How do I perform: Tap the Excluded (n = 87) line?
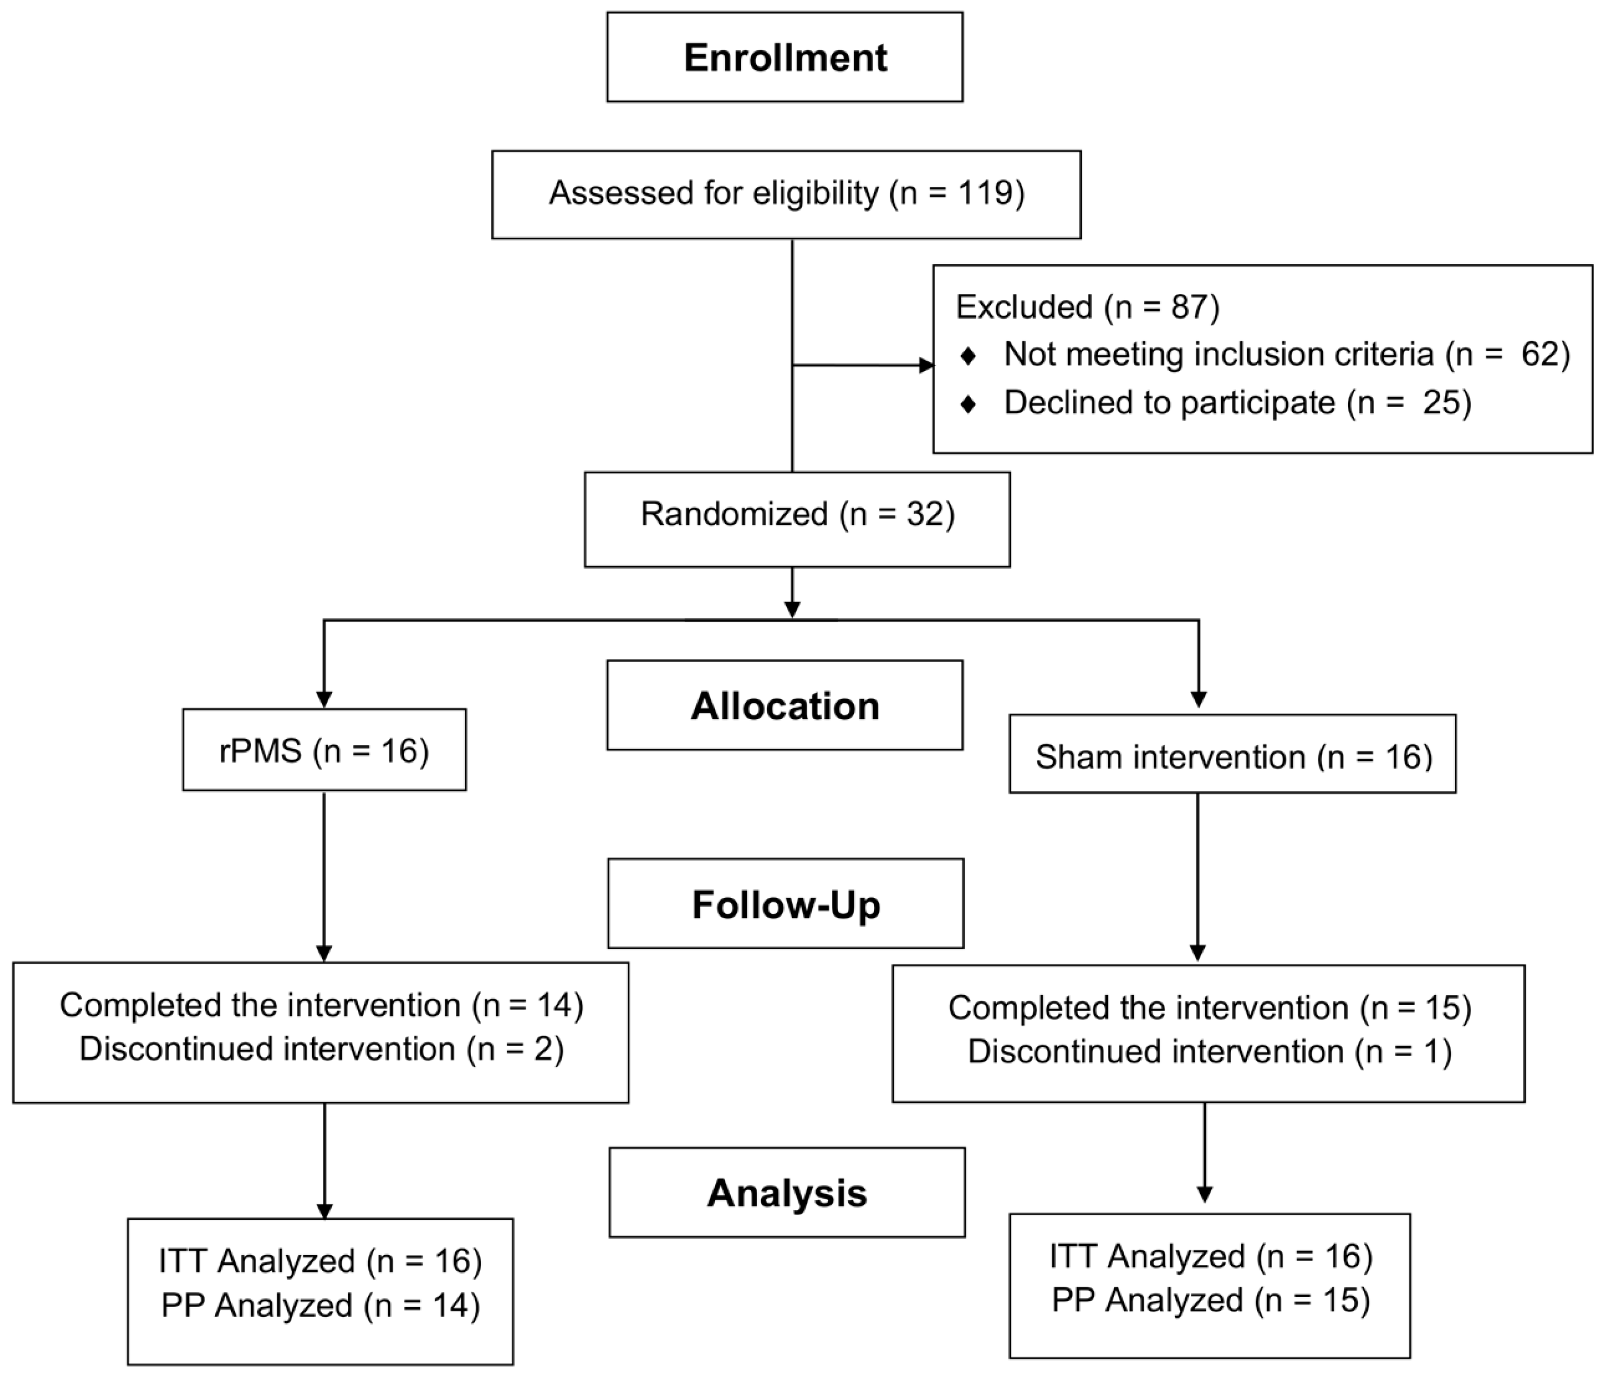pyautogui.click(x=1088, y=307)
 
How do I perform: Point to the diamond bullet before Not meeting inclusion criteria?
pyautogui.click(x=967, y=356)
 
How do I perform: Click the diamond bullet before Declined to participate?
pyautogui.click(x=967, y=403)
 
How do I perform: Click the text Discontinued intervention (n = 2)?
pyautogui.click(x=321, y=1049)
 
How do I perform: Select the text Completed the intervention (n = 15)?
pyautogui.click(x=1210, y=1008)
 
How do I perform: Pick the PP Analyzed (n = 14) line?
pyautogui.click(x=321, y=1305)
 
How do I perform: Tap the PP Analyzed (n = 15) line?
pyautogui.click(x=1211, y=1300)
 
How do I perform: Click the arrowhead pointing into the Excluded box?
pyautogui.click(x=926, y=366)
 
